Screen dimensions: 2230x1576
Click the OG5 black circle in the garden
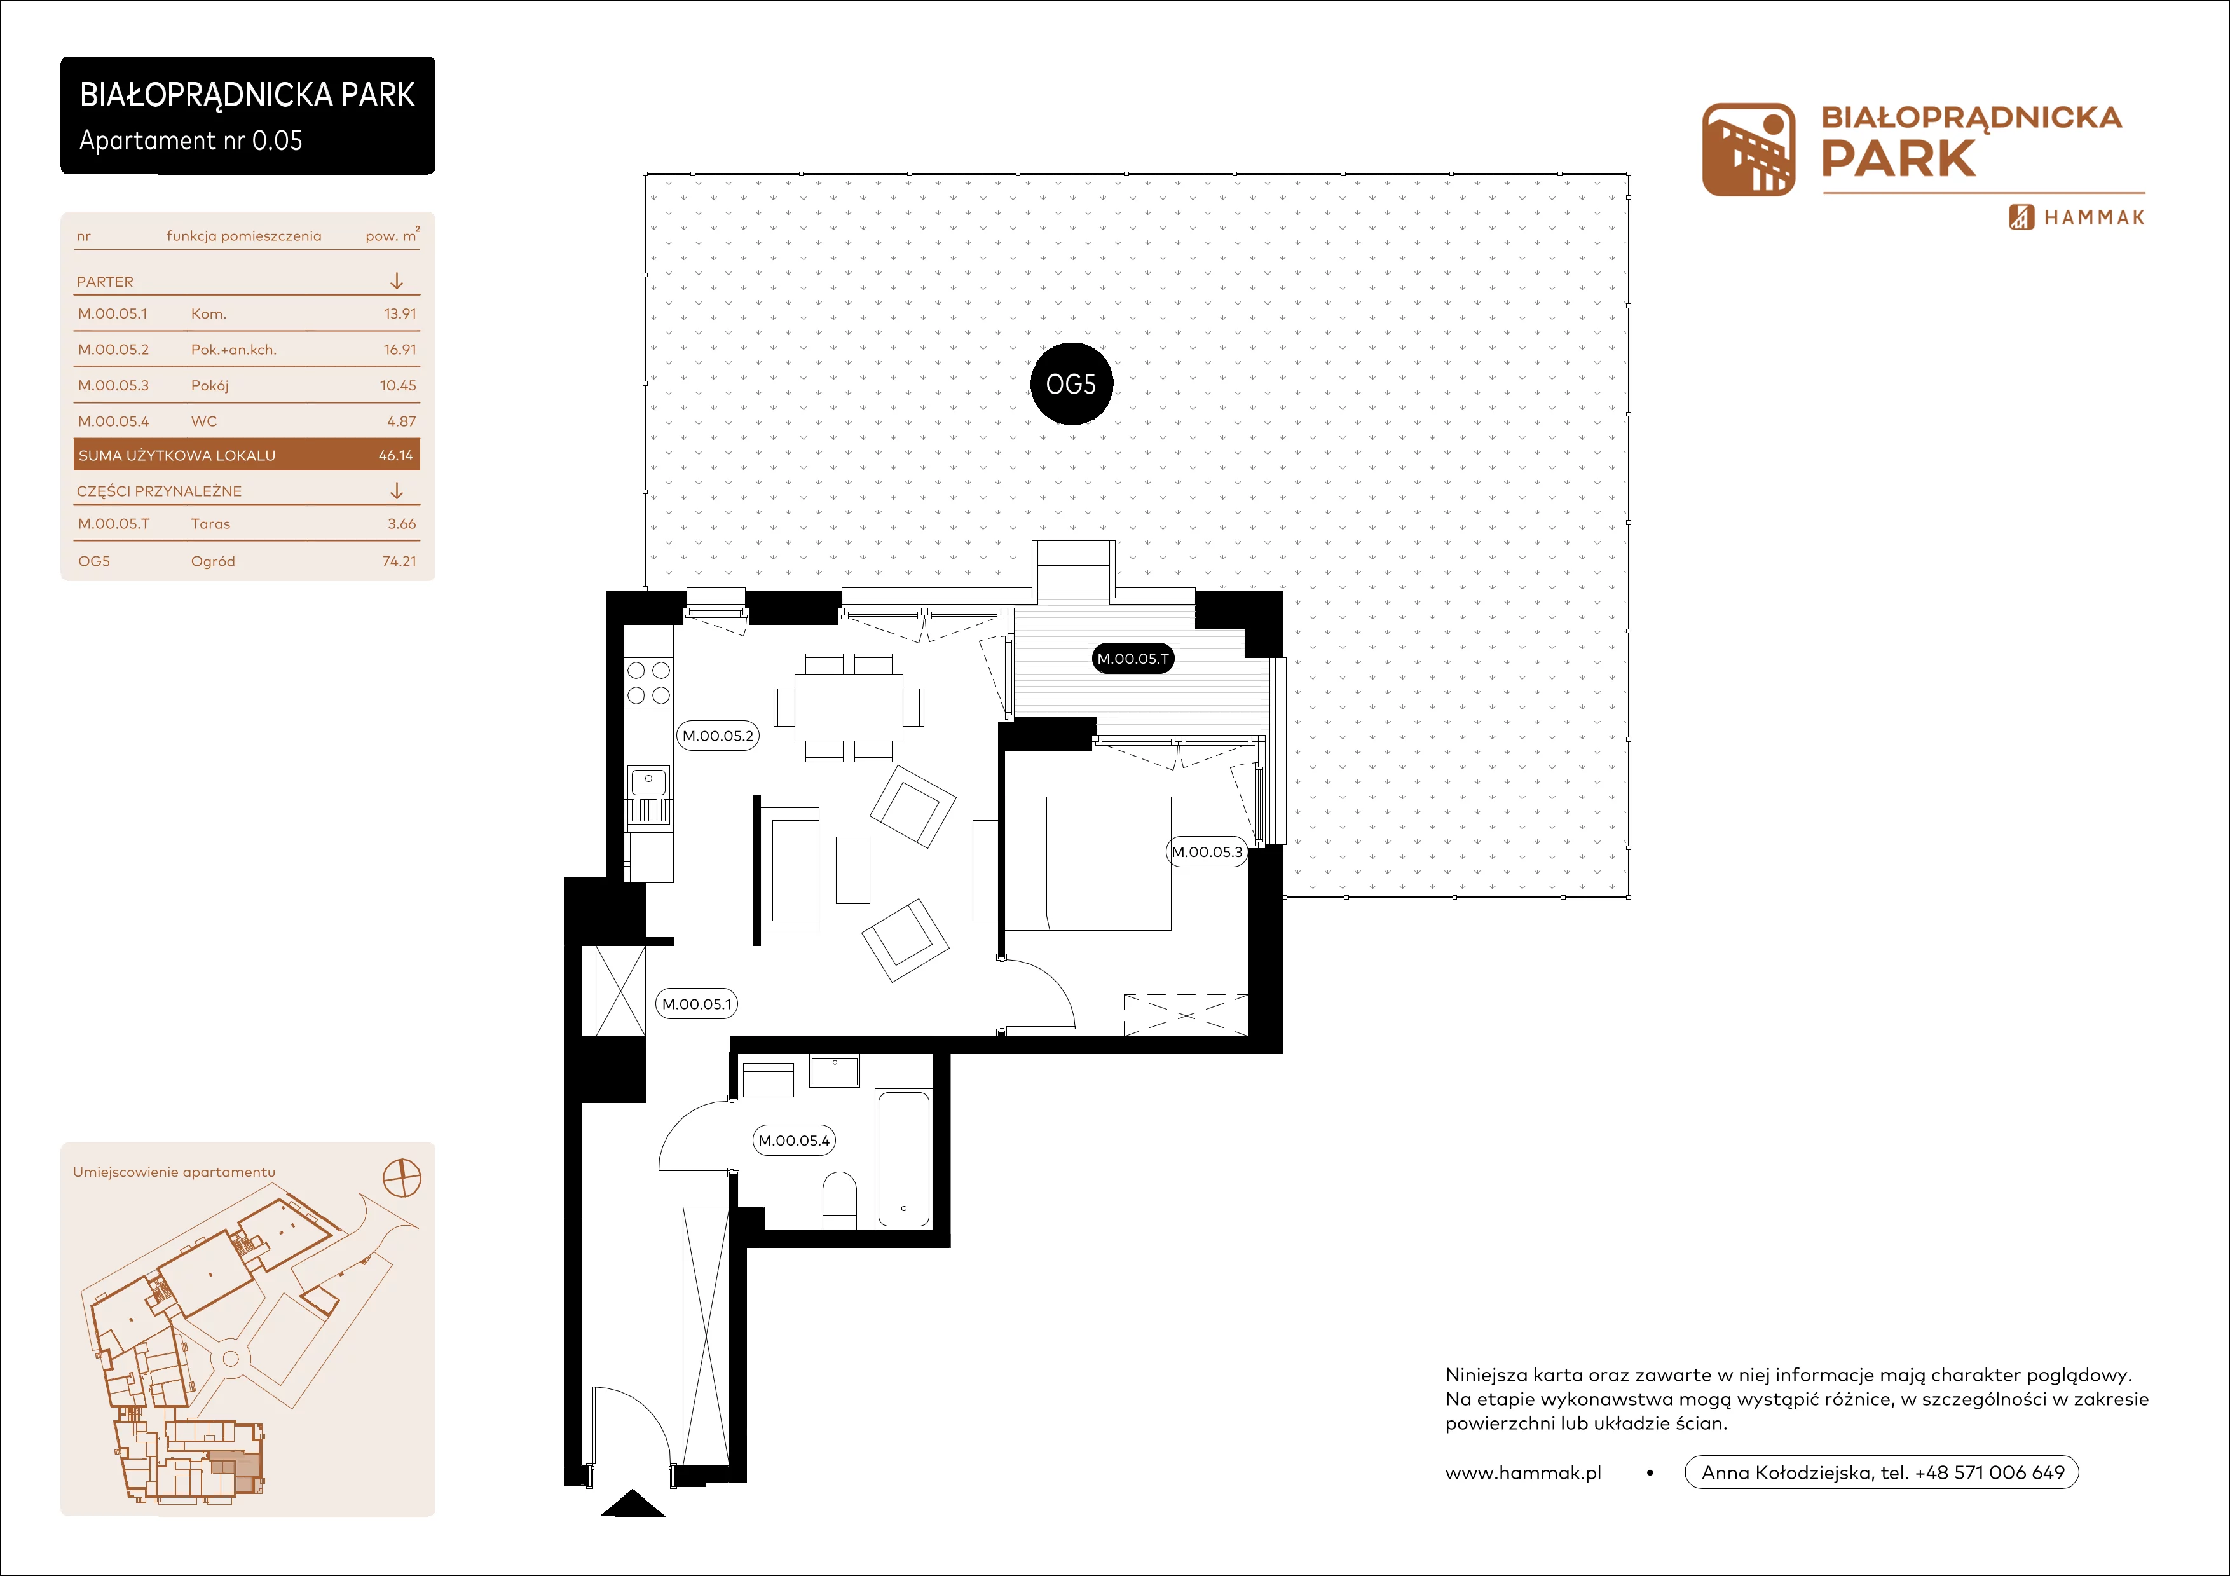[1071, 385]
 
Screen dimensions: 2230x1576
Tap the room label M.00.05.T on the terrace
[1133, 659]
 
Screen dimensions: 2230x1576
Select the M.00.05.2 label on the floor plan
[718, 736]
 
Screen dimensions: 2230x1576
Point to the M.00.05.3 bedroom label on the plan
[1207, 852]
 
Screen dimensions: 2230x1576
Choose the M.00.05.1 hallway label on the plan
[696, 1004]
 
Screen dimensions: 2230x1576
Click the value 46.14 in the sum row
[396, 455]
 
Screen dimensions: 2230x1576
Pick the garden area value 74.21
[399, 561]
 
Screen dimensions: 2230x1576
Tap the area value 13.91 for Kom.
[400, 313]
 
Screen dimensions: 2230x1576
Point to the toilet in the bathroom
[839, 1200]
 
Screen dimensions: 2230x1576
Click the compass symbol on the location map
[402, 1178]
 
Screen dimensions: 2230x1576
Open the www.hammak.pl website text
[1523, 1473]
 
